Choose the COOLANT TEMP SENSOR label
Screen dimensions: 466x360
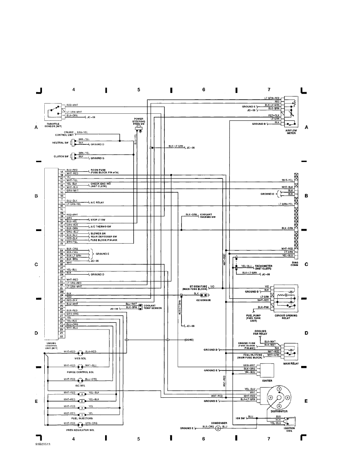153,307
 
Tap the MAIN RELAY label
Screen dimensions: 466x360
291,363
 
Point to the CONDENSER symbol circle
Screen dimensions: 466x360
219,428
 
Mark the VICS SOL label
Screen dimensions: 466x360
80,358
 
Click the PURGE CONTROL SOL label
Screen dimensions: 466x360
80,371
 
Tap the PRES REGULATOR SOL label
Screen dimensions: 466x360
80,430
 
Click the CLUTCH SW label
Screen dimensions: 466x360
62,156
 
